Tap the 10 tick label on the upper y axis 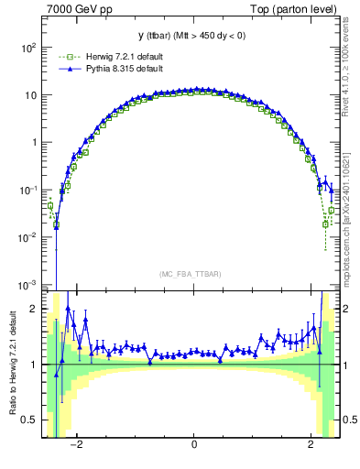(x=30, y=95)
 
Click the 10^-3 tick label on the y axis (x=27, y=284)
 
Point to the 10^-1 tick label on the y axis (x=27, y=190)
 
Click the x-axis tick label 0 (x=194, y=445)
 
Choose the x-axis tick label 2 (x=311, y=445)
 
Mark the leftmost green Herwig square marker (x=50, y=206)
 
